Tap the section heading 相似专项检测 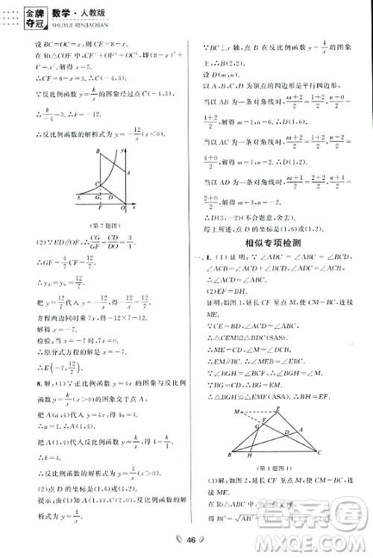[x=278, y=243]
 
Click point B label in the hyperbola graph [x=97, y=151]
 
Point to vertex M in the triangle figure [x=236, y=410]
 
